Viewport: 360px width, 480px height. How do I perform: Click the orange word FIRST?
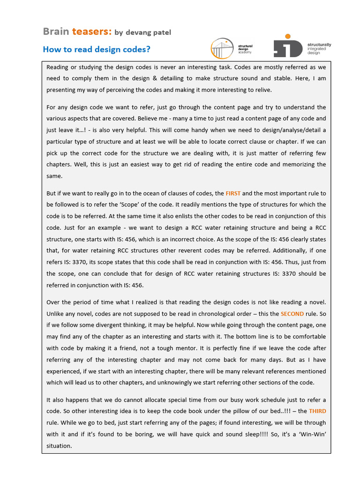[233, 193]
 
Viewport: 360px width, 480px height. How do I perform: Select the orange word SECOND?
[292, 314]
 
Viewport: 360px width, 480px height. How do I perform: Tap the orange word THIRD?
[317, 411]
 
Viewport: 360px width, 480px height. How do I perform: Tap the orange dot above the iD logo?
[287, 36]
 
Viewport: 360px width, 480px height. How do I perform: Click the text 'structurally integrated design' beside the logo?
[319, 48]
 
